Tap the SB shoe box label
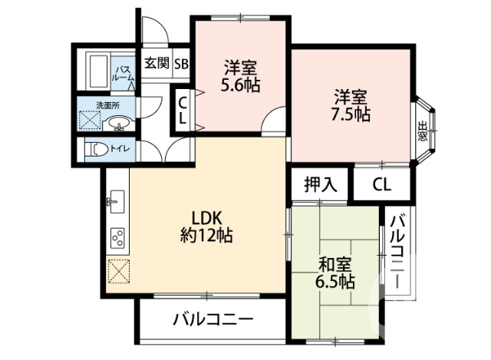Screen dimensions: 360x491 point(181,63)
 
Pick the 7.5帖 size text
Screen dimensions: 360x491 point(351,115)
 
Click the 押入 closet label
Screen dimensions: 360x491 point(320,184)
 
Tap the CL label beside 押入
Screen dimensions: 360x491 point(381,184)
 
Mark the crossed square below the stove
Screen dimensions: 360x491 point(118,272)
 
